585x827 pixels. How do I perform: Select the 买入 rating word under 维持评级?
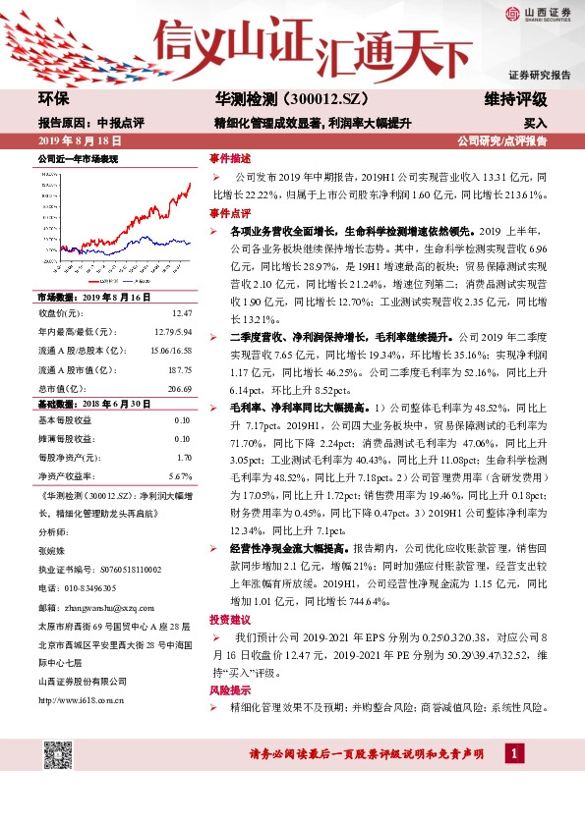click(x=536, y=125)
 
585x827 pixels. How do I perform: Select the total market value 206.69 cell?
click(x=178, y=389)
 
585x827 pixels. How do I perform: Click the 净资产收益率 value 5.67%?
click(x=181, y=473)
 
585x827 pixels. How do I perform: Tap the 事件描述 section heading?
click(x=230, y=157)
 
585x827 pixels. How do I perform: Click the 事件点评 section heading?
click(x=230, y=211)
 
